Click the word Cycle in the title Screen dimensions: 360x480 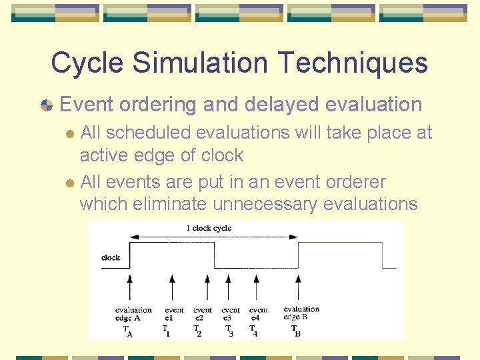point(87,63)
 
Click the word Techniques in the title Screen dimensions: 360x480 point(353,63)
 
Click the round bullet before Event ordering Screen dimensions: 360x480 point(46,105)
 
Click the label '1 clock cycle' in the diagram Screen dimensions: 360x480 point(209,228)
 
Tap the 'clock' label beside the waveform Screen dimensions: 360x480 point(111,257)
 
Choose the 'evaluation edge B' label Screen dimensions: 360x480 point(301,313)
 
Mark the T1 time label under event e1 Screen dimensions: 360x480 point(166,330)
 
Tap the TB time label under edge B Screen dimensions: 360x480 point(295,330)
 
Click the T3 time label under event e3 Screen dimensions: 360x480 point(229,330)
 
